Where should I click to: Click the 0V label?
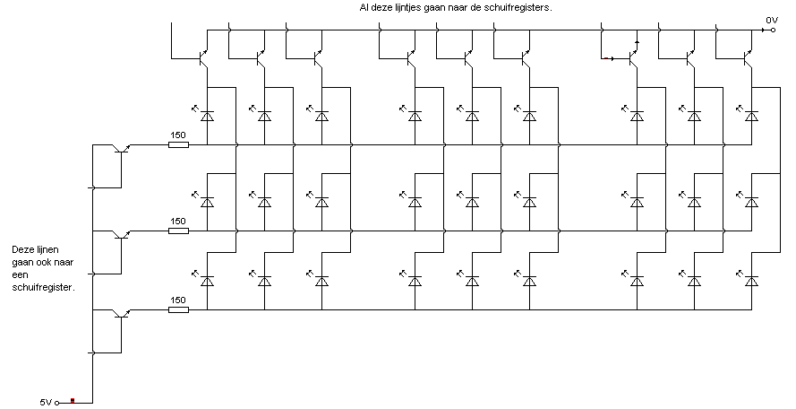pyautogui.click(x=772, y=19)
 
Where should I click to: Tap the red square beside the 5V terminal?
pyautogui.click(x=73, y=401)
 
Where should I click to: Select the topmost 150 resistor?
pyautogui.click(x=178, y=144)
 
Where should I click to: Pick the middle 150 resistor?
pyautogui.click(x=178, y=231)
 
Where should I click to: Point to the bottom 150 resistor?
pyautogui.click(x=178, y=310)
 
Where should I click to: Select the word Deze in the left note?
pyautogui.click(x=22, y=250)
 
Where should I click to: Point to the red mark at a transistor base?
pyautogui.click(x=608, y=58)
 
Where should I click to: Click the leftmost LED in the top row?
pyautogui.click(x=207, y=117)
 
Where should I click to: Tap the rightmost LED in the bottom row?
pyautogui.click(x=752, y=281)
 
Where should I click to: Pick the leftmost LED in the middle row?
pyautogui.click(x=207, y=202)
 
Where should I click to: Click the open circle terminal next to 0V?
pyautogui.click(x=761, y=29)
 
